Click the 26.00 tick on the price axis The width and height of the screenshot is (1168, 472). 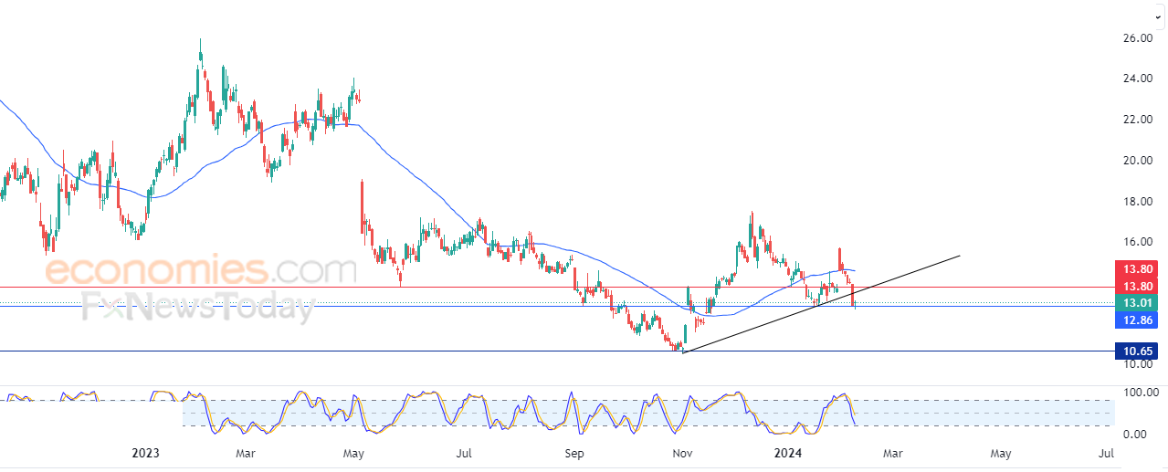click(x=1137, y=38)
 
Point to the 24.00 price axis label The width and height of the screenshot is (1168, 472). click(x=1137, y=79)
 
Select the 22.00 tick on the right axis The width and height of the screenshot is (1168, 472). click(x=1137, y=120)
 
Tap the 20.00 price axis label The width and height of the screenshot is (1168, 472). click(x=1137, y=160)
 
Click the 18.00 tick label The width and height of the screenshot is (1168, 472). click(x=1137, y=202)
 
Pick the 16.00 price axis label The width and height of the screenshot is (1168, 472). click(x=1137, y=242)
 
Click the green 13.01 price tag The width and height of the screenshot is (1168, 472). click(x=1136, y=303)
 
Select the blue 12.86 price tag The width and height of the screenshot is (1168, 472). click(x=1136, y=320)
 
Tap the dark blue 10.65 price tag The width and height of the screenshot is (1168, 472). click(x=1136, y=351)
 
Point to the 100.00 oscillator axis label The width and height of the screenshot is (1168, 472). click(x=1141, y=393)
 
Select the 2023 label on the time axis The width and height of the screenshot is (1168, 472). click(x=145, y=453)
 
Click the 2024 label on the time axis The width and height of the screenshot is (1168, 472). click(x=788, y=453)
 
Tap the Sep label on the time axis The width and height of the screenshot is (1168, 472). click(x=574, y=454)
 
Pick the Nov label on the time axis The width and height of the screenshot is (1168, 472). click(x=682, y=454)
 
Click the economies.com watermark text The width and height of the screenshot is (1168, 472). click(x=201, y=269)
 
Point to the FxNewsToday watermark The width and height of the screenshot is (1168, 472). click(x=198, y=307)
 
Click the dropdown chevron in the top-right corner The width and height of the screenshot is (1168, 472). click(x=1159, y=17)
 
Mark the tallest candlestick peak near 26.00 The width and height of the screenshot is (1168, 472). click(x=200, y=39)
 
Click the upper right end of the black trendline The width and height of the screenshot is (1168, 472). click(x=960, y=256)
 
